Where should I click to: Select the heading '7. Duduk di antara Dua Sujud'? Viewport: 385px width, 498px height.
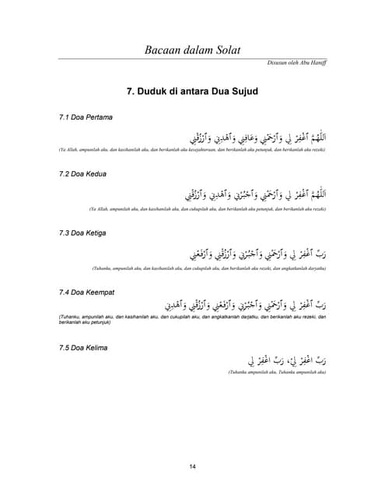pos(192,92)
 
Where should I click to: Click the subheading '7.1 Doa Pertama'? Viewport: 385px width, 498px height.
pos(86,117)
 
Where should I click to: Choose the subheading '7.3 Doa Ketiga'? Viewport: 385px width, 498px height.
pos(84,233)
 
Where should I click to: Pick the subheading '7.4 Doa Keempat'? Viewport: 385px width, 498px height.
pos(88,291)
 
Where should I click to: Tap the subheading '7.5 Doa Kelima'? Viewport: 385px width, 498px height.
pos(84,347)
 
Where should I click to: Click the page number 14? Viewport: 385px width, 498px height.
pos(192,466)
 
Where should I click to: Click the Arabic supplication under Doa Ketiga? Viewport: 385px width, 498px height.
pos(257,251)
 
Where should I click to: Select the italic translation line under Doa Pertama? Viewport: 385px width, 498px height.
pos(191,149)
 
